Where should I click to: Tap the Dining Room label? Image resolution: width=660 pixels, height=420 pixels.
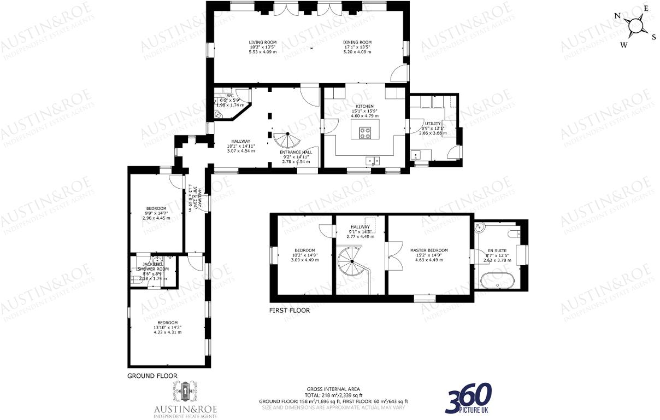pyautogui.click(x=357, y=42)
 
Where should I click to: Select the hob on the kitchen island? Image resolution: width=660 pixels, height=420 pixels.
pyautogui.click(x=365, y=132)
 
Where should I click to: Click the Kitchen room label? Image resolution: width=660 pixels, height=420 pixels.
pyautogui.click(x=364, y=106)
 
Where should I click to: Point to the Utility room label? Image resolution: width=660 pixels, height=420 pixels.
pyautogui.click(x=432, y=124)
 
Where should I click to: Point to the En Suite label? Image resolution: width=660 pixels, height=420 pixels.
pyautogui.click(x=497, y=250)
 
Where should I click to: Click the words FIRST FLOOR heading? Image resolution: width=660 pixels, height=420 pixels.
pyautogui.click(x=289, y=311)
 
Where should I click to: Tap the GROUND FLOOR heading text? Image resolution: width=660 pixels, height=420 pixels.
pyautogui.click(x=152, y=376)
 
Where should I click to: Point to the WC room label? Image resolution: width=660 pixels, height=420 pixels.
pyautogui.click(x=230, y=96)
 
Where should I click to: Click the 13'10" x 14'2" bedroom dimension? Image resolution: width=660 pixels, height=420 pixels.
pyautogui.click(x=167, y=328)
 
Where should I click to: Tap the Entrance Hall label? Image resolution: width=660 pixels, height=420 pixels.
pyautogui.click(x=296, y=152)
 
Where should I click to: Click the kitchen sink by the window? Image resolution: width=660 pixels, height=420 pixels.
pyautogui.click(x=374, y=161)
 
